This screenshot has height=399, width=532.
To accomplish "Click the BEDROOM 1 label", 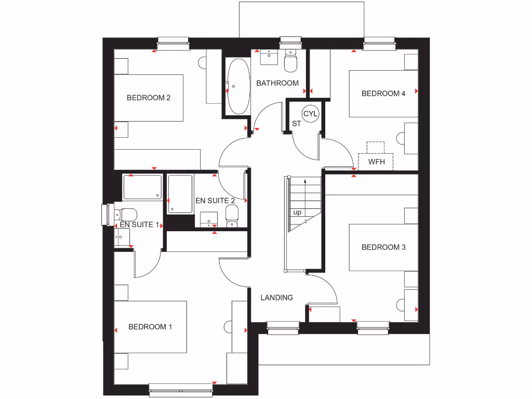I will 150,327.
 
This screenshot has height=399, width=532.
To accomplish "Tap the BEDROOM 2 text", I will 149,97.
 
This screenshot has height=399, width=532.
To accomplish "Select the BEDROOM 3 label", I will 383,247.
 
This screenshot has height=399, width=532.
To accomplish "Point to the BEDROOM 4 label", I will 383,94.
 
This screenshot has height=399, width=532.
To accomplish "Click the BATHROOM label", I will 277,83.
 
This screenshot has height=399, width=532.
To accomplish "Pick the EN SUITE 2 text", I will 215,200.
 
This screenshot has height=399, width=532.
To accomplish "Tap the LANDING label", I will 276,298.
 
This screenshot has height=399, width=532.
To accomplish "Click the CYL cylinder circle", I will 310,114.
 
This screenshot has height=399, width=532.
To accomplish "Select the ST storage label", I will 296,124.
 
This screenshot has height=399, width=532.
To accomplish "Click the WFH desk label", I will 376,162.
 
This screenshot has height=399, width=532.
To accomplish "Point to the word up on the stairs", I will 297,212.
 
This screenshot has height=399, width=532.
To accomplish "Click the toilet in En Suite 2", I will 232,215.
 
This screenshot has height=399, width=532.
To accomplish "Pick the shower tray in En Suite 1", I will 142,187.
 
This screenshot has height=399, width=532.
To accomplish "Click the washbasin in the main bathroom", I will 269,57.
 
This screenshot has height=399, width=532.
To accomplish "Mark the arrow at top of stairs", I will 305,180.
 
